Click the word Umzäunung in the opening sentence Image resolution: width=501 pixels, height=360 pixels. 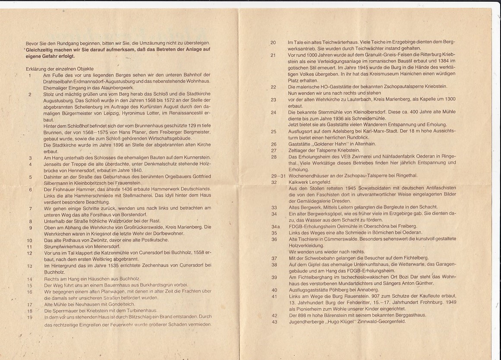[x=152, y=43]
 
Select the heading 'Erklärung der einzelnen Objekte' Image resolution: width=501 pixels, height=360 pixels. [x=60, y=69]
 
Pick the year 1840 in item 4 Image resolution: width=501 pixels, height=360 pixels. [x=124, y=170]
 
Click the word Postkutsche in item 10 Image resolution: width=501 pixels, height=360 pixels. [x=146, y=240]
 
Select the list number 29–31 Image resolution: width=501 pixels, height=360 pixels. [x=278, y=175]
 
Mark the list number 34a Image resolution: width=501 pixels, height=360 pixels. [x=275, y=226]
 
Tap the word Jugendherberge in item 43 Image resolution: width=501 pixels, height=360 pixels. [x=308, y=322]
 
